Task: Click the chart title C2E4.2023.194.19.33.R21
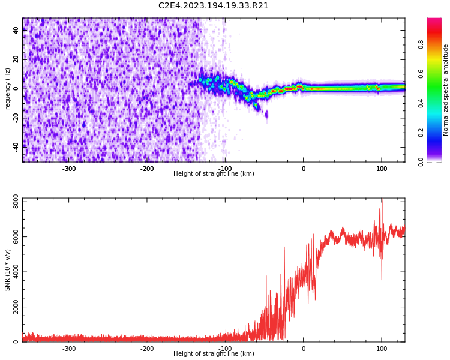click(214, 6)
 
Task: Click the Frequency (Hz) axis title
click(8, 90)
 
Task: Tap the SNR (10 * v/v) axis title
click(8, 269)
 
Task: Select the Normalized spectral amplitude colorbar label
click(446, 90)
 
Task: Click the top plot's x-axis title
click(214, 174)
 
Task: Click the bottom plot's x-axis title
click(214, 354)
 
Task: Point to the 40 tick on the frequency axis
click(16, 31)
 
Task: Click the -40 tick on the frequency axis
click(16, 146)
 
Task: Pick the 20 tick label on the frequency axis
click(16, 59)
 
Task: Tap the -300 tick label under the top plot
click(69, 169)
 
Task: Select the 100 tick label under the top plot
click(382, 169)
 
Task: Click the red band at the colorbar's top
click(434, 22)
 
